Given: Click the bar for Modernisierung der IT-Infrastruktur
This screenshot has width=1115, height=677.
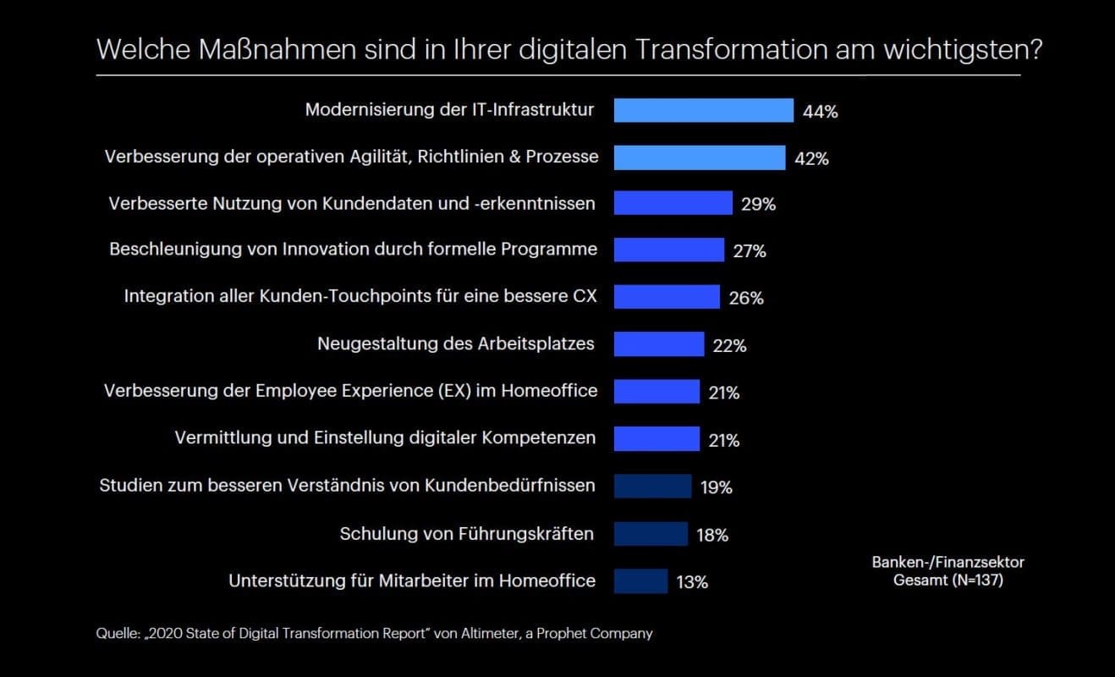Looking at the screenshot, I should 703,111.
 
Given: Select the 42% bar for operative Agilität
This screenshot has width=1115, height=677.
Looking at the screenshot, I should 699,157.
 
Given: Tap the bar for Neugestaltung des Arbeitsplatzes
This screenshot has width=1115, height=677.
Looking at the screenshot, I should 658,344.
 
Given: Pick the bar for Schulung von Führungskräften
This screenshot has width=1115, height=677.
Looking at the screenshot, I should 651,534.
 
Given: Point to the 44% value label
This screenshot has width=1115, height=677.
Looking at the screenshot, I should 821,112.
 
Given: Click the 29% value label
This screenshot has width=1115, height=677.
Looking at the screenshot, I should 758,204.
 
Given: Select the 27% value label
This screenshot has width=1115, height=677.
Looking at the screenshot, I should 749,251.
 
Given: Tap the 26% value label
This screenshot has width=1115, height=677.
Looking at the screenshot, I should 746,299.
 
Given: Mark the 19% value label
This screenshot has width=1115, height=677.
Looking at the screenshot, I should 716,487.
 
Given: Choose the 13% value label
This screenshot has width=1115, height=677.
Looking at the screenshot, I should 692,582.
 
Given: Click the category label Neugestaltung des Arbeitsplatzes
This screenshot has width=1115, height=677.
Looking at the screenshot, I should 455,344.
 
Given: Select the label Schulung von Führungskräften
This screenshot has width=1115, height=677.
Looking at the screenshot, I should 466,533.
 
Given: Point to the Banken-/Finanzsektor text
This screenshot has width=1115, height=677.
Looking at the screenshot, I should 948,562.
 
